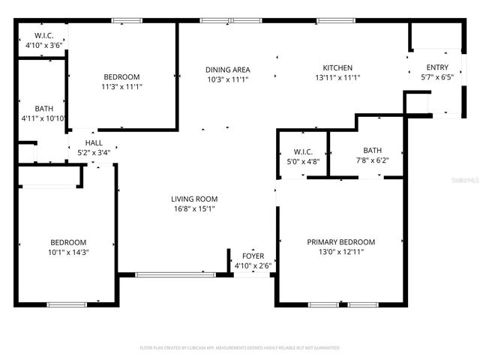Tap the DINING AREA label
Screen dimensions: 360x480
tap(226, 69)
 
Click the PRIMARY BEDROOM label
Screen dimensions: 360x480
tap(341, 241)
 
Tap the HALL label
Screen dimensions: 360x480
tap(94, 142)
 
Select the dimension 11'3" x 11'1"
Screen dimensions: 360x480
tap(121, 87)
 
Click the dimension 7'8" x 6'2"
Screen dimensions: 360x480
tap(373, 159)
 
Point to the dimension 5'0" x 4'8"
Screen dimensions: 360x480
tap(303, 159)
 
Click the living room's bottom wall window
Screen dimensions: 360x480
tap(175, 274)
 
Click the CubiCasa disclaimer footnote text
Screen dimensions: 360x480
tap(240, 348)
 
